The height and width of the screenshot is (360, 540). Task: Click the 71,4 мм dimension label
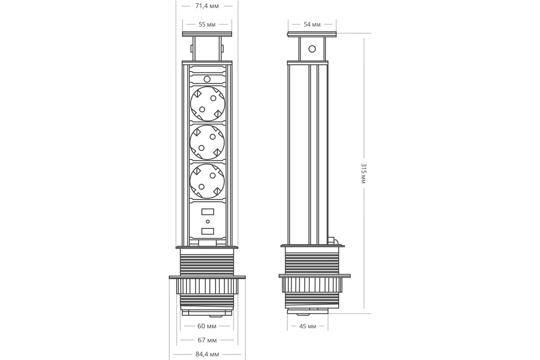(207, 6)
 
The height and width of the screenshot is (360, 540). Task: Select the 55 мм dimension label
(207, 24)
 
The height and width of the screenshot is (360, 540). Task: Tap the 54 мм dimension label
(312, 24)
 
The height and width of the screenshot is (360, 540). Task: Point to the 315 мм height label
(364, 173)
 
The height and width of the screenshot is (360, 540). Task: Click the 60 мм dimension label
(207, 326)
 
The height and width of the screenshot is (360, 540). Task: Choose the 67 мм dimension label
(207, 340)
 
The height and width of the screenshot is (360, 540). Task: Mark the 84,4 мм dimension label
(207, 354)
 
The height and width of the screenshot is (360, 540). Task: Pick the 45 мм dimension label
(308, 326)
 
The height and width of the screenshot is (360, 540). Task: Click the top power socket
(207, 103)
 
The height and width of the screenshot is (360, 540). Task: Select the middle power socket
(207, 142)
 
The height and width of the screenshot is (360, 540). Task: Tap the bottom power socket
(207, 181)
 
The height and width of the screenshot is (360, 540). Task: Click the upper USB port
(207, 211)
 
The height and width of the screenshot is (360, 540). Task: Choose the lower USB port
(207, 231)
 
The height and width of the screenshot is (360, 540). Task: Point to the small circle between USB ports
(207, 221)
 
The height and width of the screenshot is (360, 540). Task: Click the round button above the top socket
(207, 79)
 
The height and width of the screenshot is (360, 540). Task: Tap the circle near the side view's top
(312, 49)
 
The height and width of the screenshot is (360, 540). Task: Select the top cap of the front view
(207, 34)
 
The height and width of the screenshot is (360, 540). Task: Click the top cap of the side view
(312, 35)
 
